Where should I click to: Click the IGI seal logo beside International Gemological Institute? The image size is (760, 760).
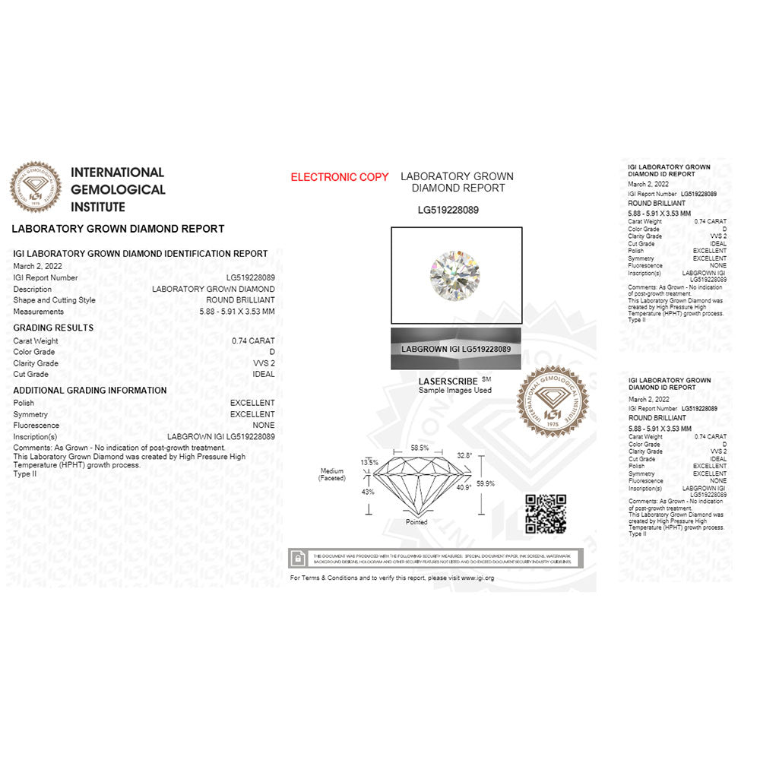pos(35,187)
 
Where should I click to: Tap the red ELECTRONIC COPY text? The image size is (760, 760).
pos(339,177)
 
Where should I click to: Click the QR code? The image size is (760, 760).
pos(546,513)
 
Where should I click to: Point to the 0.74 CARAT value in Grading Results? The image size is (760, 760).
pos(253,341)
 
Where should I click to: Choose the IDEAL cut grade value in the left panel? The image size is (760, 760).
pos(263,375)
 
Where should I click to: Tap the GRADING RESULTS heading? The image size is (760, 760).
pos(53,328)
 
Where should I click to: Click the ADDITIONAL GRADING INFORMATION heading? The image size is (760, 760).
pos(90,391)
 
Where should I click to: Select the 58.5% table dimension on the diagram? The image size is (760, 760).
pos(420,448)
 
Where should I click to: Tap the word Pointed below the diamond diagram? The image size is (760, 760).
pos(416,522)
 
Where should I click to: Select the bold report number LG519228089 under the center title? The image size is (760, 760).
pos(448,210)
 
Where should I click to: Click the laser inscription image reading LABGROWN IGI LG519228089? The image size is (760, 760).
pos(455,349)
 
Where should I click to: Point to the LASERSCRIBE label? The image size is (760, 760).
pos(448,381)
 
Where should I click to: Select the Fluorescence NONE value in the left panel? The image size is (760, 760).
pos(264,426)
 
